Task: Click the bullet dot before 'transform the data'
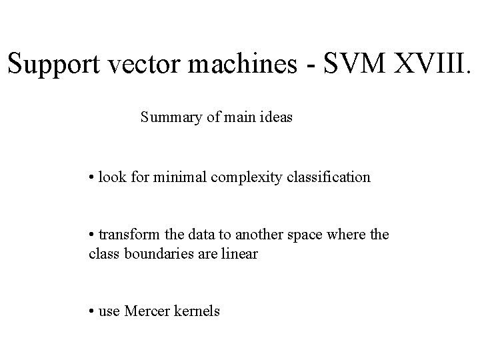pos(91,235)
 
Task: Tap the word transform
pos(125,235)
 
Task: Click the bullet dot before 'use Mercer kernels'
pos(91,311)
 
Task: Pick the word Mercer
pos(145,311)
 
